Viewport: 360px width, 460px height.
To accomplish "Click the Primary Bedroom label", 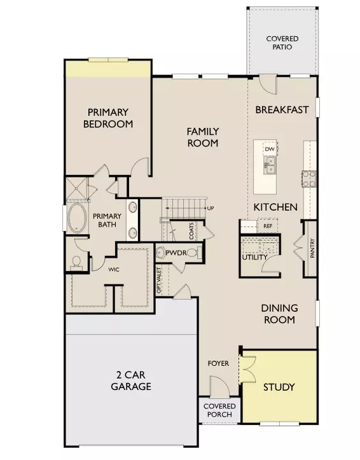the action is [x=108, y=118].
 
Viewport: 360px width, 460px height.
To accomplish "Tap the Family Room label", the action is [x=202, y=137].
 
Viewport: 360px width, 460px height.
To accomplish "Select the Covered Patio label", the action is [x=282, y=43].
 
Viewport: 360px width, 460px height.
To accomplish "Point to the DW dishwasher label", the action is [x=270, y=149].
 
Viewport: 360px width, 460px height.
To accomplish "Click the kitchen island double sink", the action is [x=270, y=165].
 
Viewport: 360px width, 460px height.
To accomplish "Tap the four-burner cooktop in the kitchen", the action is [x=309, y=179].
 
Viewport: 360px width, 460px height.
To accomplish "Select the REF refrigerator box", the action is [x=267, y=226].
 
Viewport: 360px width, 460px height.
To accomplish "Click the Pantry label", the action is [x=312, y=248].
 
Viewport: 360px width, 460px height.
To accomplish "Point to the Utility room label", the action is [x=255, y=257].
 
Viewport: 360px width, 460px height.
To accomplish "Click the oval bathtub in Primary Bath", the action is [x=77, y=218].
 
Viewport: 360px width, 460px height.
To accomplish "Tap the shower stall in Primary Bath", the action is [x=76, y=188].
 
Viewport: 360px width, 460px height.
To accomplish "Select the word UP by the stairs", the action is [x=211, y=208].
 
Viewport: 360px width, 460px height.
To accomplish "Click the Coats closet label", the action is [x=191, y=231].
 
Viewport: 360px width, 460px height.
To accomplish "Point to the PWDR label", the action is [x=176, y=253].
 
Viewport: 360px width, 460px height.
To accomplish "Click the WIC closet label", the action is [x=114, y=269].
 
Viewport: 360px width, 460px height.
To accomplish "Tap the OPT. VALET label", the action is [x=159, y=281].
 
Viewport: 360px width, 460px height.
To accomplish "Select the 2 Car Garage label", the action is [x=131, y=380].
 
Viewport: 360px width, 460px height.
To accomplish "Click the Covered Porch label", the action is [x=219, y=410].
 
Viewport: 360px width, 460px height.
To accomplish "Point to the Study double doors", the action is [x=247, y=369].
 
